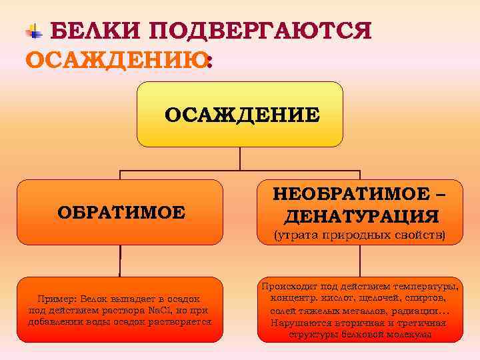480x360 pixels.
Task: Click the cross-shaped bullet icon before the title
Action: (33, 30)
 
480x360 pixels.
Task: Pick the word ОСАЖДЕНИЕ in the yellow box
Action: (242, 115)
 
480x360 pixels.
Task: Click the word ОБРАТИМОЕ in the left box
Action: (121, 213)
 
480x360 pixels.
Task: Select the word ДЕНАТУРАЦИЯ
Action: (361, 217)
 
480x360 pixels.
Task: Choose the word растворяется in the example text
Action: (181, 322)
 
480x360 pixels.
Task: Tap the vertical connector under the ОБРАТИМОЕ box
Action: (120, 261)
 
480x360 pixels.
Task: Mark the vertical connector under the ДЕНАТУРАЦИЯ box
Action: (361, 261)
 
